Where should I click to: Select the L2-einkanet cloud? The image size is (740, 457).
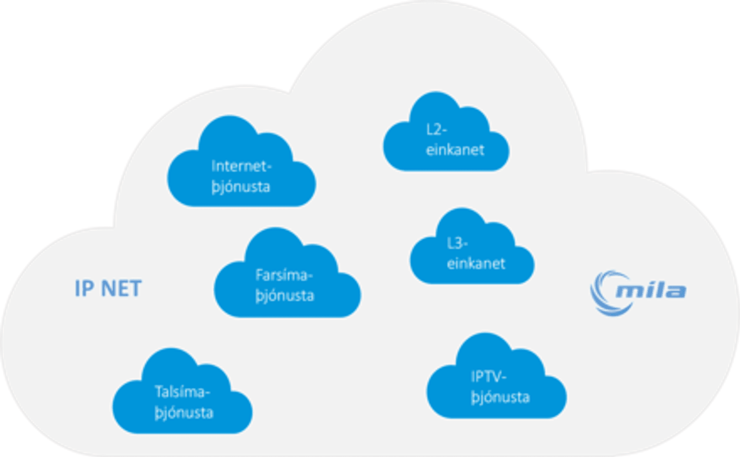(x=446, y=141)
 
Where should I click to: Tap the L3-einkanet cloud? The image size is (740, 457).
(x=472, y=255)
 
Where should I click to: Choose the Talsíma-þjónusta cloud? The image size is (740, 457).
(x=182, y=399)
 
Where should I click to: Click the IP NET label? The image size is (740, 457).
(x=108, y=288)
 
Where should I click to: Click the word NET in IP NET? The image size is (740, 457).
(x=121, y=288)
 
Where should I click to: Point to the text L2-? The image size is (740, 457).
(x=437, y=129)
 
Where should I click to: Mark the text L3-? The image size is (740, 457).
(x=457, y=243)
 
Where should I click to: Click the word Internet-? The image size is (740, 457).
(x=242, y=166)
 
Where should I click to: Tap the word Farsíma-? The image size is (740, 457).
(x=284, y=275)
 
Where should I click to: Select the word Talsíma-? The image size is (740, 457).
(x=182, y=392)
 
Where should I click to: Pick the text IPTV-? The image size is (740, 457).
(x=488, y=377)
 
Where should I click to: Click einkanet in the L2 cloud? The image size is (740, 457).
(x=455, y=150)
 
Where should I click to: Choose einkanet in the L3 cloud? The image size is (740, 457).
(x=476, y=264)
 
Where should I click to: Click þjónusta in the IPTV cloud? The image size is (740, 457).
(x=500, y=398)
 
